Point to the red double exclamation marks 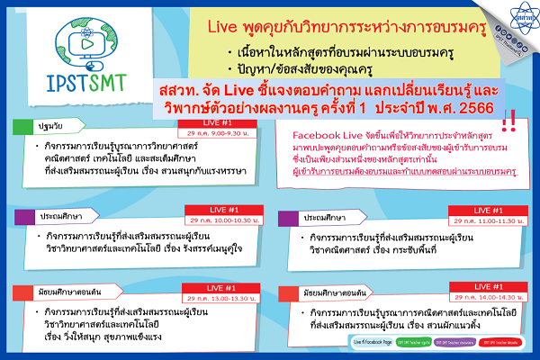pyautogui.click(x=508, y=121)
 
